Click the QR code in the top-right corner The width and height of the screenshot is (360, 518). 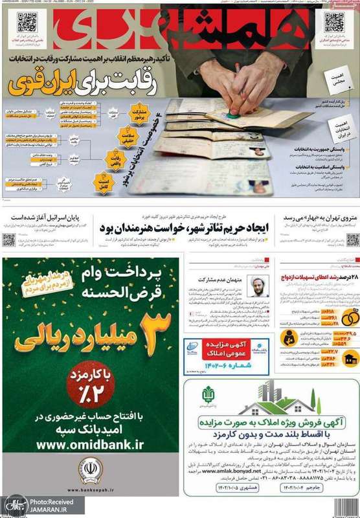(334, 22)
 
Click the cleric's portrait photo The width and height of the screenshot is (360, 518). (258, 286)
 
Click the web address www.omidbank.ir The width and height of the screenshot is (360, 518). (91, 445)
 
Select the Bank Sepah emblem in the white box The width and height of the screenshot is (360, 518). (90, 471)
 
